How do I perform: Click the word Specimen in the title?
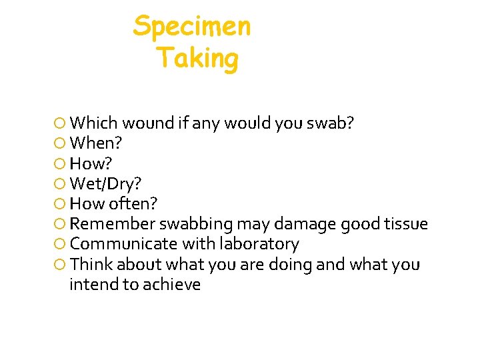click(192, 27)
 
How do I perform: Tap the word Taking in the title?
click(197, 59)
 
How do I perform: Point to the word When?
click(96, 143)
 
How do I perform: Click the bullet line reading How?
click(91, 163)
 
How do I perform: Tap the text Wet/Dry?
click(105, 183)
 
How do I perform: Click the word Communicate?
click(122, 244)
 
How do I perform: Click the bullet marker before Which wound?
click(59, 123)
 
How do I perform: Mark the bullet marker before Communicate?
click(59, 245)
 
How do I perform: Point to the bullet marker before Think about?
click(59, 265)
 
